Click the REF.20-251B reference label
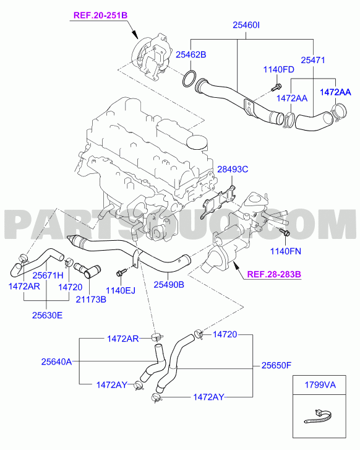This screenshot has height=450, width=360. point(100,15)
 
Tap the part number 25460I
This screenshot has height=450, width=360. point(246,25)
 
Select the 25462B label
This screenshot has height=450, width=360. point(191,54)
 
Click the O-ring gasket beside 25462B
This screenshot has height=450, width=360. point(189,79)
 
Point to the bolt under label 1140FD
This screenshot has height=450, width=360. point(276,87)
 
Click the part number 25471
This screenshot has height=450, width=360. point(313,60)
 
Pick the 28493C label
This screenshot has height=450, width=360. point(233,170)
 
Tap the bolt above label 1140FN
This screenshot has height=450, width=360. point(284,233)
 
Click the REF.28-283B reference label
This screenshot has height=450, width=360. point(274,274)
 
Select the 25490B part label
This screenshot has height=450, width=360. point(169,284)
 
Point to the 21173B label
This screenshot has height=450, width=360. point(91,300)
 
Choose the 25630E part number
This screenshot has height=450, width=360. point(47,315)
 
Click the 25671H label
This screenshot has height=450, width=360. point(48,275)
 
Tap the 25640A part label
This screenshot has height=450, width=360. point(56,361)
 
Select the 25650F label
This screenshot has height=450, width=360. point(276,365)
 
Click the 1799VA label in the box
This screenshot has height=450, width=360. point(320,384)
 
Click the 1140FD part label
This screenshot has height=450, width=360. point(279,69)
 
